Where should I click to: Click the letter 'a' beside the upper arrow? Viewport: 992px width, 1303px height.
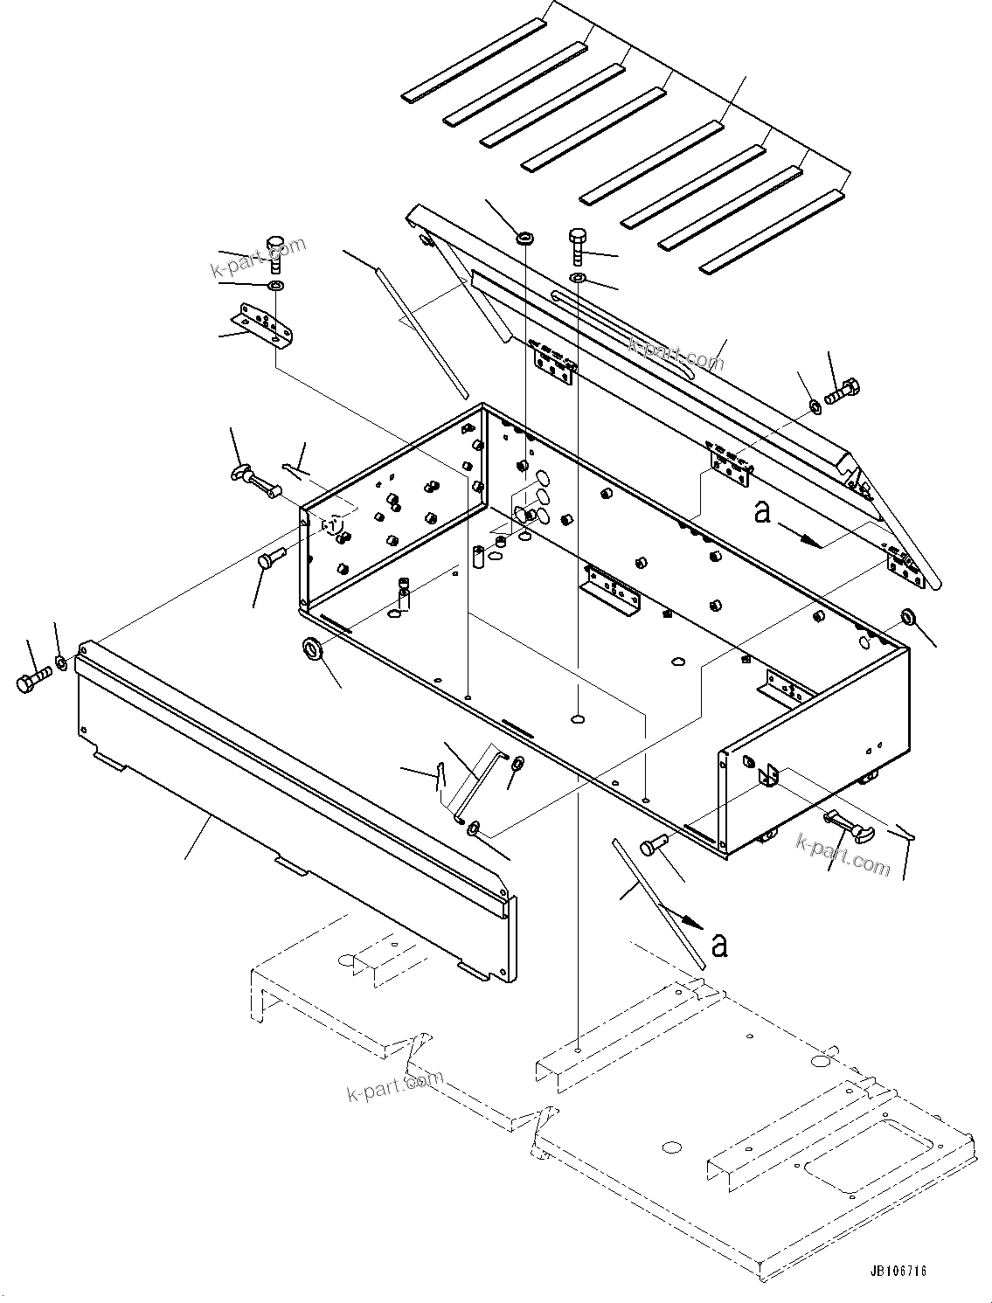763,512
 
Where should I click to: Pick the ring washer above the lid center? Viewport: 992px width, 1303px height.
525,238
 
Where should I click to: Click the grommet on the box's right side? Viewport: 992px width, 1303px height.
907,618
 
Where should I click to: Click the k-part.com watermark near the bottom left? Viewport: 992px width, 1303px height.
395,1085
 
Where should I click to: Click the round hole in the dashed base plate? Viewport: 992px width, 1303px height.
671,1147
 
